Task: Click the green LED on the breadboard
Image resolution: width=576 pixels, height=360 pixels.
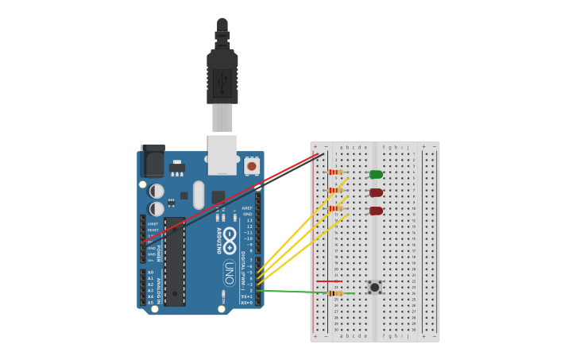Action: pyautogui.click(x=376, y=174)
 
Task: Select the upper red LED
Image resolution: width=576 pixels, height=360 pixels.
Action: pyautogui.click(x=376, y=192)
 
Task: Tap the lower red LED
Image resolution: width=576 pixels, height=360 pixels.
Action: pyautogui.click(x=376, y=211)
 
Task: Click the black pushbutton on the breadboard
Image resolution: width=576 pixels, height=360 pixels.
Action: pyautogui.click(x=374, y=287)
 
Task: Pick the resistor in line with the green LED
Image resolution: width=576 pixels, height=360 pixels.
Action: pyautogui.click(x=336, y=172)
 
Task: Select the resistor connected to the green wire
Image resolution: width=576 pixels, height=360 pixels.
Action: pyautogui.click(x=336, y=293)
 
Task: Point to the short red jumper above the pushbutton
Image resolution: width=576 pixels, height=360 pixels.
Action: pyautogui.click(x=329, y=281)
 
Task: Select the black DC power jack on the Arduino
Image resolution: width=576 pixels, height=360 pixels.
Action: pyautogui.click(x=153, y=161)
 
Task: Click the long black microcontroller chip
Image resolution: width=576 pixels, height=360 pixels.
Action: pyautogui.click(x=175, y=261)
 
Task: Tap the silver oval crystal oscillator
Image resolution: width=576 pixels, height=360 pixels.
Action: pyautogui.click(x=199, y=195)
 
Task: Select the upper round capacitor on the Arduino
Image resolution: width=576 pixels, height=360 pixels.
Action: pyautogui.click(x=157, y=192)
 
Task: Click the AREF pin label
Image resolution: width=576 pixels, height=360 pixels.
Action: pyautogui.click(x=247, y=208)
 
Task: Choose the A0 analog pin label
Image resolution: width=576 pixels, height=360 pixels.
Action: pyautogui.click(x=150, y=273)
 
